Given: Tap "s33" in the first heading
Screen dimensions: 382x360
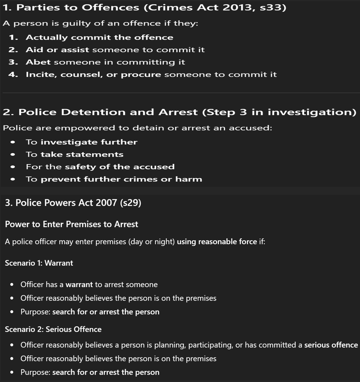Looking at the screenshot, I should tap(272, 7).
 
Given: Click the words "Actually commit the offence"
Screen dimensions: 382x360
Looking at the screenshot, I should tap(99, 38).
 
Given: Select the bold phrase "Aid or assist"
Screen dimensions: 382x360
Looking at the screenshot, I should tap(57, 50).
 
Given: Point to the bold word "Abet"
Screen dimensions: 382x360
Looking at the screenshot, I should tap(38, 62).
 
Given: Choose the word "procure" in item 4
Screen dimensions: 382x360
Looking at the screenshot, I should tap(141, 74).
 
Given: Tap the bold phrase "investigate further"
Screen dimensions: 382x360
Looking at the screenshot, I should tap(89, 142).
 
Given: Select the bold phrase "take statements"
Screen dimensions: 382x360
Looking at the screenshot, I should tap(82, 154).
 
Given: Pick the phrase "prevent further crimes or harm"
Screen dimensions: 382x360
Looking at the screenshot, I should tap(121, 179).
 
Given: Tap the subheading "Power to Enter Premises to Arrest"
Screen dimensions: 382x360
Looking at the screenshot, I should tap(71, 224).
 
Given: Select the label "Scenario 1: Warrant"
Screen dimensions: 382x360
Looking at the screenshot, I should tap(39, 263).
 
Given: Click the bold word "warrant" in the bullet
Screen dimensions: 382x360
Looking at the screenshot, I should tap(79, 284).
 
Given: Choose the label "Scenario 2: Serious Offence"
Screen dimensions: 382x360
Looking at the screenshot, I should tap(53, 329).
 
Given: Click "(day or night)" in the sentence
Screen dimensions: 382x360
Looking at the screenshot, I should tap(152, 242).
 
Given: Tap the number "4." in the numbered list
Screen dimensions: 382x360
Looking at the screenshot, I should tap(13, 74).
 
